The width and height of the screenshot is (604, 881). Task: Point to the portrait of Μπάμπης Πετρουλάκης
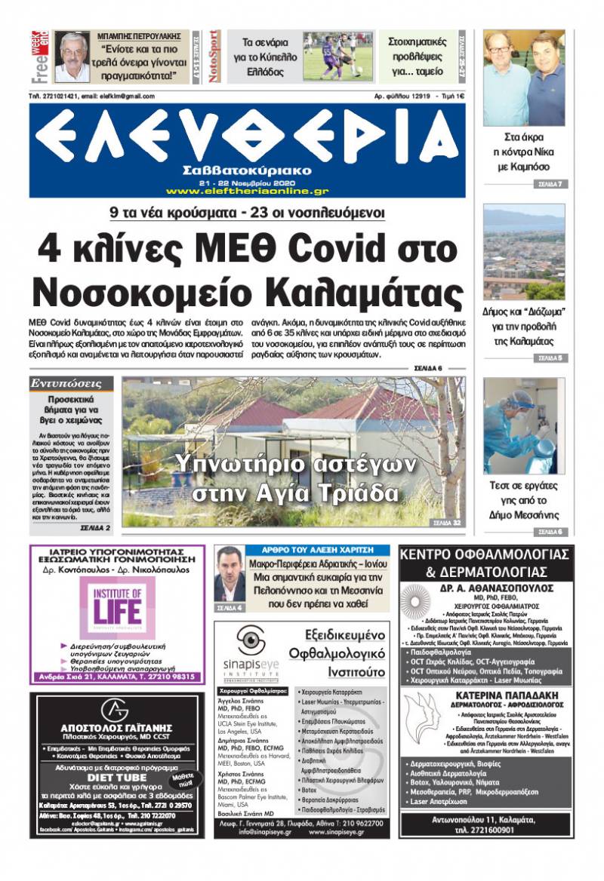[72, 57]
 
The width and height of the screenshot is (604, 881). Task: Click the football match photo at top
[337, 57]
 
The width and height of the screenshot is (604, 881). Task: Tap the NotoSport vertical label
[214, 57]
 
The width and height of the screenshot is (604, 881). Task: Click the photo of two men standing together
[524, 78]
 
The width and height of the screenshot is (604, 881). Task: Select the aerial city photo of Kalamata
[524, 251]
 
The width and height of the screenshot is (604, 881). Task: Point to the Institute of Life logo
[117, 603]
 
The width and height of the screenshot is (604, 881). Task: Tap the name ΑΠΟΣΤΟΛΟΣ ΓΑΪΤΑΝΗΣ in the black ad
[116, 729]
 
